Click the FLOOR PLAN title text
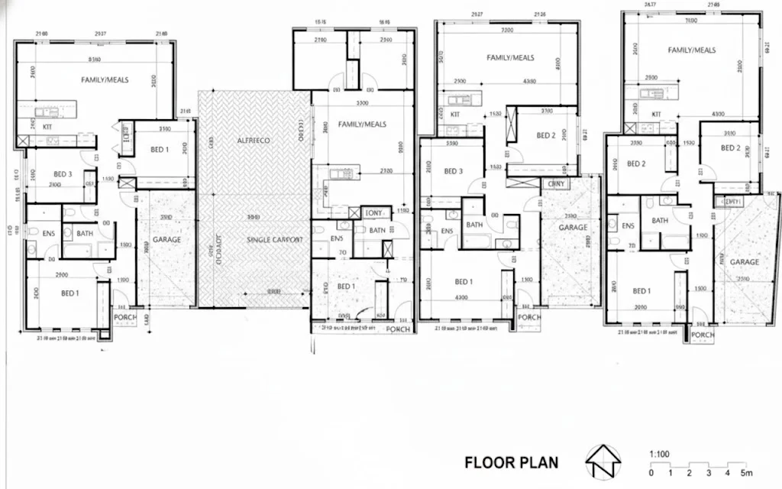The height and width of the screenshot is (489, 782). coord(511,462)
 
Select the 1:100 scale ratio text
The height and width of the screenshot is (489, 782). coord(659,454)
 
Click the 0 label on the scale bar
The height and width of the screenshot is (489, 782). coord(651,471)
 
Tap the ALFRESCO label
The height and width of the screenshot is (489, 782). coord(254,141)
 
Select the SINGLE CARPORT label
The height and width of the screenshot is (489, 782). coord(275,240)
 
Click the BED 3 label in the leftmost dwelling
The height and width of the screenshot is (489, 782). coord(60,174)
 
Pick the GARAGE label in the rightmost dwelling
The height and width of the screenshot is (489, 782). coord(744,262)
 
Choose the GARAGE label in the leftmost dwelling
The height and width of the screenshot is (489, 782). coord(166,240)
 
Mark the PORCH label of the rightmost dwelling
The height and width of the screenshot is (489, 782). coord(703,335)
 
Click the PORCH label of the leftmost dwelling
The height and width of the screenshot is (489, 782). coord(124,316)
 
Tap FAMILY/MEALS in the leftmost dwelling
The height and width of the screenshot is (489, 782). coord(105,79)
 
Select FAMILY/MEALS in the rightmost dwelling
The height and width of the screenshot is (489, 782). coord(692,50)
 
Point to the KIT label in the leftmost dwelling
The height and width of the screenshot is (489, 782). coord(47,127)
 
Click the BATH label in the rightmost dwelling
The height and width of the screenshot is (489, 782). coord(660,221)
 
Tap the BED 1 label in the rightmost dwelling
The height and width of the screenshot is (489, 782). coord(641,291)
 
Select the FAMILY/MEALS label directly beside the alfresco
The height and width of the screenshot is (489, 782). coord(362,124)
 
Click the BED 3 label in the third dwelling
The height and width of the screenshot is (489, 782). coord(454,171)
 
